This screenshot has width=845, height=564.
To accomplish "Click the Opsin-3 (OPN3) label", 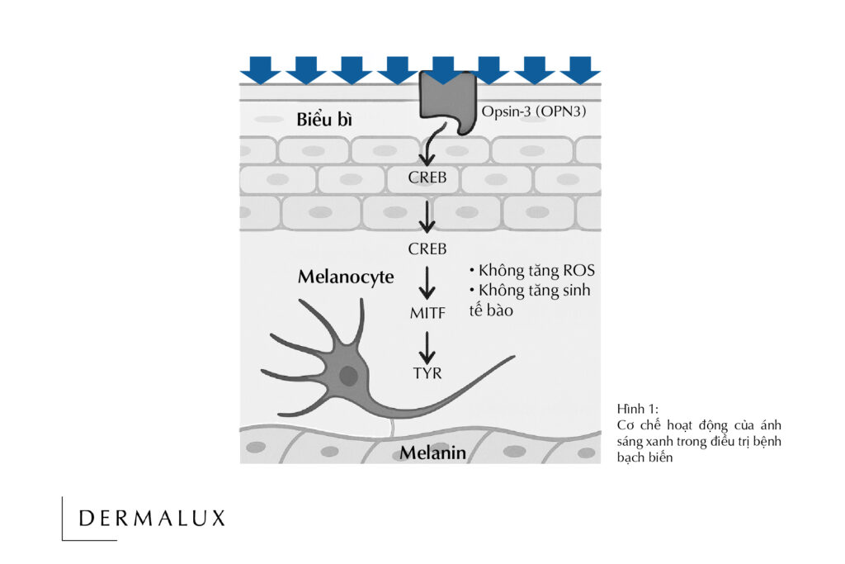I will pos(534,111).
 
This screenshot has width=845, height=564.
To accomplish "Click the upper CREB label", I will pos(427,177).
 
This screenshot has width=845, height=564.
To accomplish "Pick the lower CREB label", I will pos(427,249).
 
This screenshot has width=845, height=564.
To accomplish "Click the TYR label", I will pos(427,373).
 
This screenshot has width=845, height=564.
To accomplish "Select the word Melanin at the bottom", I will pos(433,453).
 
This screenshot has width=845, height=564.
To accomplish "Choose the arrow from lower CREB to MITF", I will pos(427,283).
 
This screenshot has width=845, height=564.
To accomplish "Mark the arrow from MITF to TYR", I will pos(427,346).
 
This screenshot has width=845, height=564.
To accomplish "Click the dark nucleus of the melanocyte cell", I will pos(349,377).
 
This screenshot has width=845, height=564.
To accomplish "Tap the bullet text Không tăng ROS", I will pos(531,270).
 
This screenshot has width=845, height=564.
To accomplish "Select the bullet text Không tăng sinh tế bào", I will pos(530,300).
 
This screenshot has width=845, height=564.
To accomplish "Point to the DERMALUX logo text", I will pos(152,519).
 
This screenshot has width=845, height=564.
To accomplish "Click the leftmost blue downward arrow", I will pos(260,69).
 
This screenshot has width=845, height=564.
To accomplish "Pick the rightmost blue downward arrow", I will pos(579,69).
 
